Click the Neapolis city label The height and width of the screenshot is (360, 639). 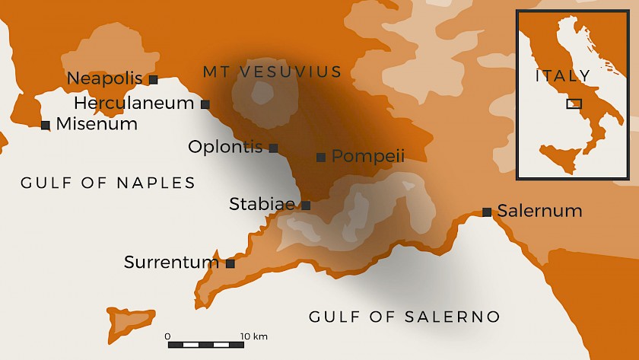105,78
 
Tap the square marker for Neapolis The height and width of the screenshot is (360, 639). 153,79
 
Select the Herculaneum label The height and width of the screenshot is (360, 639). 134,103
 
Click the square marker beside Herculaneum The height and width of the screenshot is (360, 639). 205,104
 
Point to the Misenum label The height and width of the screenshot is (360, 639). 97,124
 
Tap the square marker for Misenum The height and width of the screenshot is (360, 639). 46,125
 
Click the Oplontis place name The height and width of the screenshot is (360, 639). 225,147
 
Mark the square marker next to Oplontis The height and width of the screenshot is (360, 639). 273,148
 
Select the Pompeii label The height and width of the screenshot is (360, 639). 368,156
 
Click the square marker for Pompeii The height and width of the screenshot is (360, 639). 321,158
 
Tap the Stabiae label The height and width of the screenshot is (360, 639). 262,204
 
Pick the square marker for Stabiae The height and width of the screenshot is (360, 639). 306,205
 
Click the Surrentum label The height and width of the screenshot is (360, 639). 171,263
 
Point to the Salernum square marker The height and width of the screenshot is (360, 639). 487,212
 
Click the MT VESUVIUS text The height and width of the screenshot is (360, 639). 272,72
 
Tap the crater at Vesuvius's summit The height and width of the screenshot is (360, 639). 262,94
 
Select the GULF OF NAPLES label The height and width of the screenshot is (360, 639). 108,183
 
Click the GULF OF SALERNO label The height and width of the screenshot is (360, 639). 405,317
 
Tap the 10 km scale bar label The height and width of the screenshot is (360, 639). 254,336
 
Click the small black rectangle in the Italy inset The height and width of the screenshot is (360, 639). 574,104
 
